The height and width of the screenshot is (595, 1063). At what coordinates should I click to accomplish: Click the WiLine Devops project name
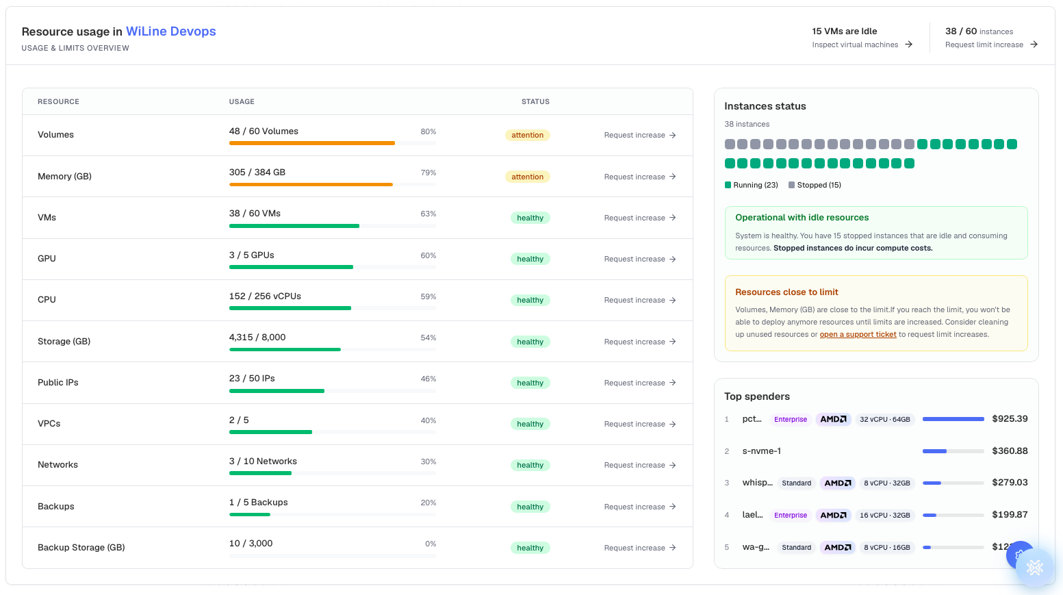click(x=171, y=31)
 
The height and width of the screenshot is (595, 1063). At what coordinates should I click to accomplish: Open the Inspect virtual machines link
click(x=862, y=45)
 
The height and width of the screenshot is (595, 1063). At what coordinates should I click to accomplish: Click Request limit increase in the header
click(x=991, y=45)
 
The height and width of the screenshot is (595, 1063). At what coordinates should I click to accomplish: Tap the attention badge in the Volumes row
click(x=527, y=136)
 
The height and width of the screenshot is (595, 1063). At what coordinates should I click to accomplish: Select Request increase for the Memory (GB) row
click(x=640, y=177)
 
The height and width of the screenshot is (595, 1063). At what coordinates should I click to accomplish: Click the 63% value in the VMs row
click(x=428, y=214)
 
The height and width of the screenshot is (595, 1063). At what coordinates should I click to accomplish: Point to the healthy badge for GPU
click(x=530, y=259)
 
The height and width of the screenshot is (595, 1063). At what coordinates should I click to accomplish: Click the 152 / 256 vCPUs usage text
click(x=265, y=296)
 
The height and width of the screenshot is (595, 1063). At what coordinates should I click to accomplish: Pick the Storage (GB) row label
click(x=64, y=342)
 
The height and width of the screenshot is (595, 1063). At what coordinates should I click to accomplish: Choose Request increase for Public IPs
click(x=640, y=383)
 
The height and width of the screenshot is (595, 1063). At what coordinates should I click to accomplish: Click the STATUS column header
click(x=535, y=101)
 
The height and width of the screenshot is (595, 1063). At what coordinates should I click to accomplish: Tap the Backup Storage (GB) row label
click(x=81, y=548)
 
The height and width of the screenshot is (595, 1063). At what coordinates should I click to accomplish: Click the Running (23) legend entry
click(x=751, y=185)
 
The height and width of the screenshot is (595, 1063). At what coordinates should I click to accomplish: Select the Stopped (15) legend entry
click(x=815, y=185)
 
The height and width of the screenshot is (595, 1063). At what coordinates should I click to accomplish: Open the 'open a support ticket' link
click(x=858, y=334)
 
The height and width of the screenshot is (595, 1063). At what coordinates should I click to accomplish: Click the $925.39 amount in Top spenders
click(x=1010, y=419)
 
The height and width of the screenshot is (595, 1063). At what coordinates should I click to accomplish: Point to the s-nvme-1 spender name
click(x=761, y=451)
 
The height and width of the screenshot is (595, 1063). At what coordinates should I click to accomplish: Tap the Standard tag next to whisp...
click(x=796, y=483)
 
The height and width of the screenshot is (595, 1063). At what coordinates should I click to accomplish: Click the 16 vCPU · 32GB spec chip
click(x=884, y=515)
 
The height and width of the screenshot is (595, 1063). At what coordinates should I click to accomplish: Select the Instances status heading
click(x=765, y=106)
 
